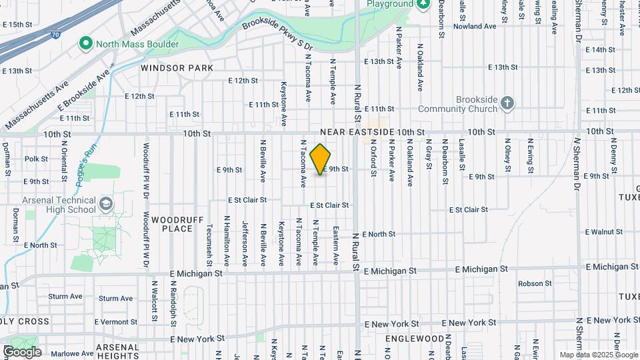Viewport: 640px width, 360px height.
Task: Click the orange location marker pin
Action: click(321, 159)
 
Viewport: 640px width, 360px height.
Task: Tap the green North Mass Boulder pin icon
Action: click(85, 44)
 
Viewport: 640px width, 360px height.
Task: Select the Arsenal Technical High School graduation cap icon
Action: click(105, 203)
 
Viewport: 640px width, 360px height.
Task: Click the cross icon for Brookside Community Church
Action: click(508, 103)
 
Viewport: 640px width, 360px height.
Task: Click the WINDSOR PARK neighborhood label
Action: click(177, 68)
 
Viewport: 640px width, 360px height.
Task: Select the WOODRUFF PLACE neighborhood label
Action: click(172, 224)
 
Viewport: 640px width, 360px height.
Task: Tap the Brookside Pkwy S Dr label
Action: click(279, 33)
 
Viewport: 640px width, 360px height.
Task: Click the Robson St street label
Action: click(535, 283)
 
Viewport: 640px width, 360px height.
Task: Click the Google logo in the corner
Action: click(22, 351)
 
